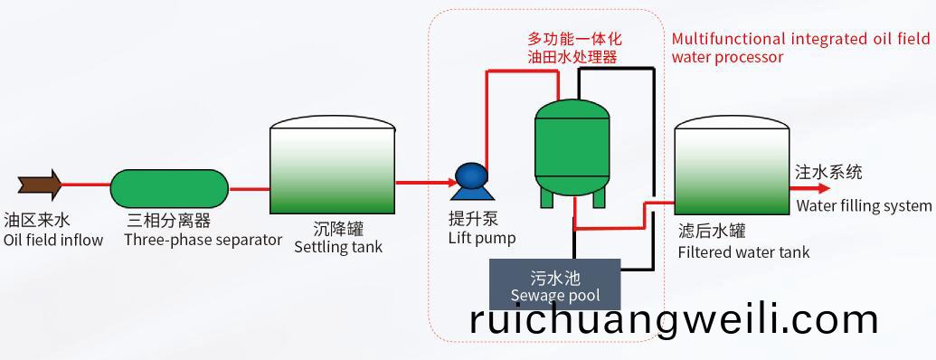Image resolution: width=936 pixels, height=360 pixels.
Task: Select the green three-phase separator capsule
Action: pos(169,189)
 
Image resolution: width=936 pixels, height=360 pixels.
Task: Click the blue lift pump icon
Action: pos(469,180)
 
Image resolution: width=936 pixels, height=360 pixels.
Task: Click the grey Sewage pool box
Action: pos(554,285)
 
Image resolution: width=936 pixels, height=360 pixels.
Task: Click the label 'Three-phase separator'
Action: pos(203,240)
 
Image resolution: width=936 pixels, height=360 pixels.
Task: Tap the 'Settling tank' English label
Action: pos(338,247)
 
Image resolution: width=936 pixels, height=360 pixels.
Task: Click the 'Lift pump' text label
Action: pos(482,238)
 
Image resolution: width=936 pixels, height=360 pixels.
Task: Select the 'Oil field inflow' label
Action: pos(53,240)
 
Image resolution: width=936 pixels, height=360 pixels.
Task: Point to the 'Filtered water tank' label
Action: pos(743,252)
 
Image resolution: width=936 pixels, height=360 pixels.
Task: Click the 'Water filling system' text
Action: pos(863,206)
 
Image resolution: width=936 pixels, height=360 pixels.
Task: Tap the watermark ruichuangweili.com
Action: pos(674,319)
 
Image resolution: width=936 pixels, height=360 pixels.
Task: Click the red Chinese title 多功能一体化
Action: pos(574,40)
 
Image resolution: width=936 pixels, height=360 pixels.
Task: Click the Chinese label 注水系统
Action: pos(827,171)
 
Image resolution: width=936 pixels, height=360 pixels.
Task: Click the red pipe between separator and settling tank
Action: pos(250,189)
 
